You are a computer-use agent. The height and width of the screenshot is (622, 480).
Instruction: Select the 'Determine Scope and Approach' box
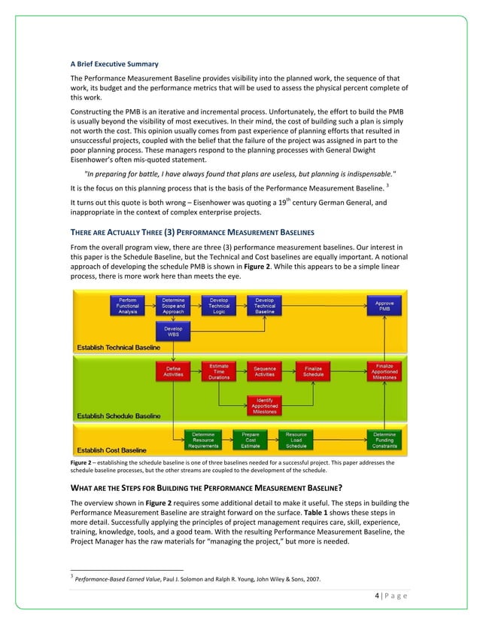[172, 306]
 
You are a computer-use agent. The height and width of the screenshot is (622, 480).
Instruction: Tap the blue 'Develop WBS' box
[172, 332]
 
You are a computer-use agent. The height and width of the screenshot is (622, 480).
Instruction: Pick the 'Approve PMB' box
[384, 306]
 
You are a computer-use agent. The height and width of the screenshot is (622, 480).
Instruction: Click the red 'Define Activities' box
[172, 371]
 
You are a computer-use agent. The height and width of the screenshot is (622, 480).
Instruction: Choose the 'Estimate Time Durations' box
[219, 371]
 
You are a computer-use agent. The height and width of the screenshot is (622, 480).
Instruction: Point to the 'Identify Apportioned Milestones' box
[265, 405]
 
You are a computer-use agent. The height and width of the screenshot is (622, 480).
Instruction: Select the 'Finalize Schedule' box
[314, 371]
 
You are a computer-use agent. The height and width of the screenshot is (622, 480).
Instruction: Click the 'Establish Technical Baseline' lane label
[117, 347]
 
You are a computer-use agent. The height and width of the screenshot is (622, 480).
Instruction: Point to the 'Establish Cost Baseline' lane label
[108, 450]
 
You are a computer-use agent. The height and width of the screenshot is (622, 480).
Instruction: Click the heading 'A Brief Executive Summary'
[114, 63]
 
